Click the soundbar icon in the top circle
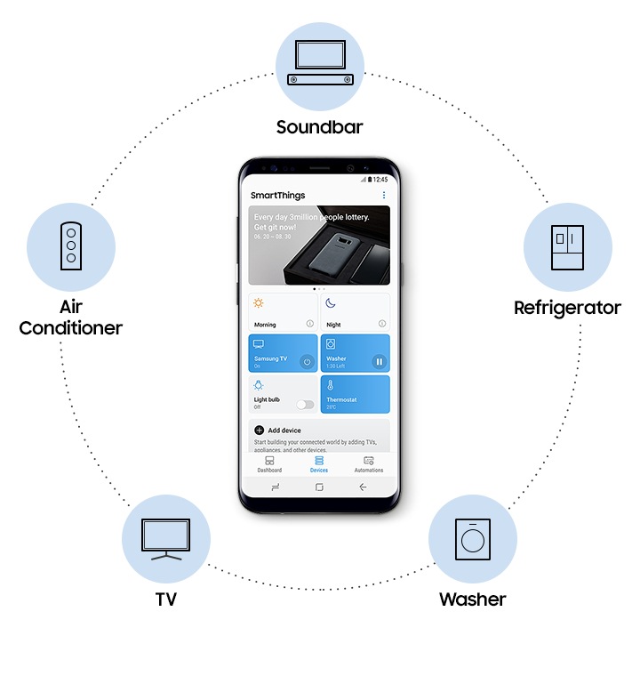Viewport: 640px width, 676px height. click(x=320, y=66)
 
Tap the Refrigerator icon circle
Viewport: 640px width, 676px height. click(x=567, y=245)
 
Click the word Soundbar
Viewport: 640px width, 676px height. click(x=320, y=127)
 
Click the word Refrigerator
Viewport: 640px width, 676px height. click(x=567, y=308)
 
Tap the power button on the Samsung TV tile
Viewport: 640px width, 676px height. click(x=307, y=361)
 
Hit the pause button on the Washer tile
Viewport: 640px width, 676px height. click(x=379, y=361)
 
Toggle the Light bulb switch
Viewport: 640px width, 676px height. click(x=306, y=404)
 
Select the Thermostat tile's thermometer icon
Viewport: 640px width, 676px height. click(x=330, y=386)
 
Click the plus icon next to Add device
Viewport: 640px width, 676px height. click(x=260, y=430)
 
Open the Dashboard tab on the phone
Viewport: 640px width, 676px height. click(x=269, y=463)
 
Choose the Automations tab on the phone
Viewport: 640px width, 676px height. click(x=369, y=463)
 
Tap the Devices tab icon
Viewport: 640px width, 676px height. click(x=319, y=460)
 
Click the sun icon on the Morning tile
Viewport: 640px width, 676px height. click(x=259, y=303)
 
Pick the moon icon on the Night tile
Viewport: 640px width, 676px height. click(x=330, y=303)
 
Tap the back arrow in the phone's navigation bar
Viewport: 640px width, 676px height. click(x=363, y=487)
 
